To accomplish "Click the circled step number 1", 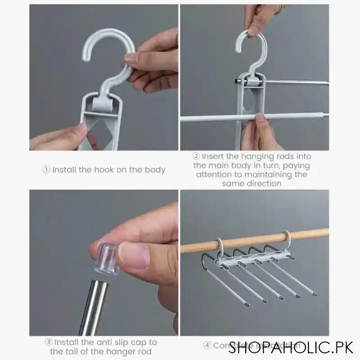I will coord(47,170).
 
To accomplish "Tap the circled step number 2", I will coord(196,157).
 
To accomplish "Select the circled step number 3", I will coord(48,343).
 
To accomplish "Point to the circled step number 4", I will coord(207,346).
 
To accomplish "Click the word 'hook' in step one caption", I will coord(92,170).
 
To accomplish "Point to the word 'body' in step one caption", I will coord(153,170).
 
